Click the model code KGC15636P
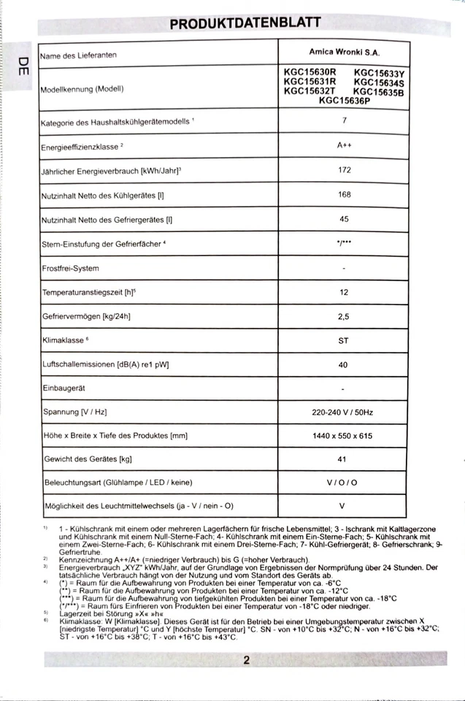(344, 101)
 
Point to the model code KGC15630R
(310, 72)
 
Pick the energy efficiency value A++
(344, 145)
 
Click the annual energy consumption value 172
(344, 170)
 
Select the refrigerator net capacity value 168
(344, 194)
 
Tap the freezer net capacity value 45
(344, 218)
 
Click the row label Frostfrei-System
(70, 268)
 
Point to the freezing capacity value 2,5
(344, 316)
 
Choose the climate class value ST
(344, 340)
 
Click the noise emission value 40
(344, 364)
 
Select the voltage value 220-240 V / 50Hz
(342, 413)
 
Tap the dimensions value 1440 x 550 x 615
(342, 436)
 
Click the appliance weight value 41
(344, 459)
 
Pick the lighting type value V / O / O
(342, 483)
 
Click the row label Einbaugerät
(64, 388)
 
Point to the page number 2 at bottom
(247, 660)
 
